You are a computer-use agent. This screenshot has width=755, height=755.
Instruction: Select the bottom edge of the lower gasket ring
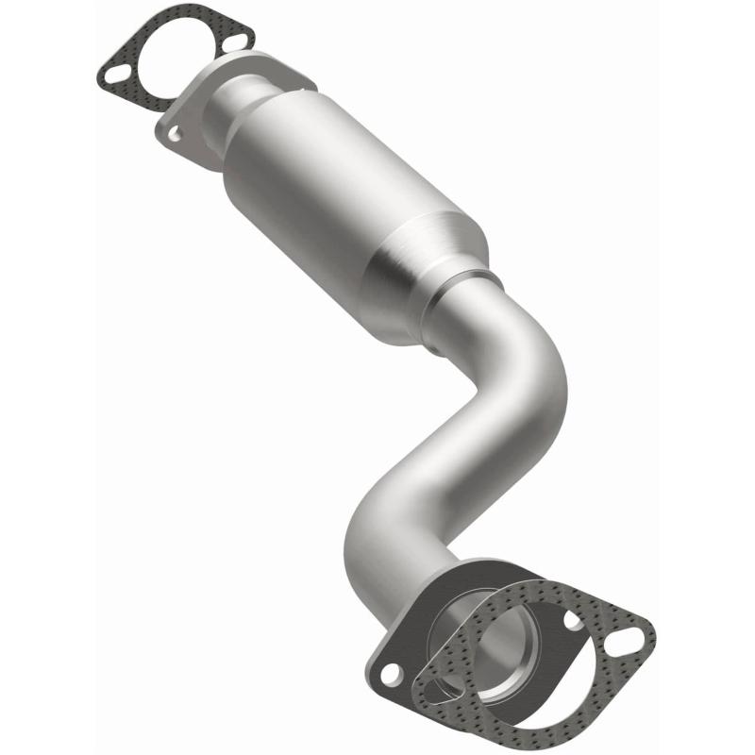click(x=528, y=722)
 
